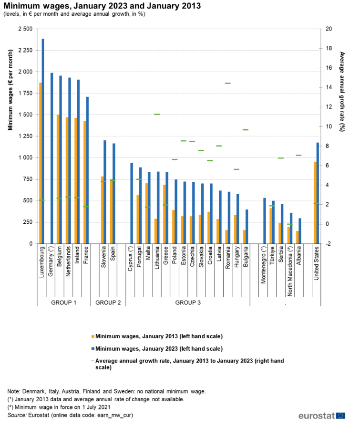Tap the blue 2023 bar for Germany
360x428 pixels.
[x=52, y=158]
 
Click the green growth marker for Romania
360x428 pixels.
[x=228, y=83]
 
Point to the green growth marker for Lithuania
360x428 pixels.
[x=157, y=114]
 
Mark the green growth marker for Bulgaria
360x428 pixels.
[x=246, y=130]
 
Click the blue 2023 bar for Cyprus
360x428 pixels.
[x=132, y=203]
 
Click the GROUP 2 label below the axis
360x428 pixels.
[x=108, y=303]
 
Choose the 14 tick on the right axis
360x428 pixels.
[x=329, y=88]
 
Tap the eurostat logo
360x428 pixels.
[x=322, y=415]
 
